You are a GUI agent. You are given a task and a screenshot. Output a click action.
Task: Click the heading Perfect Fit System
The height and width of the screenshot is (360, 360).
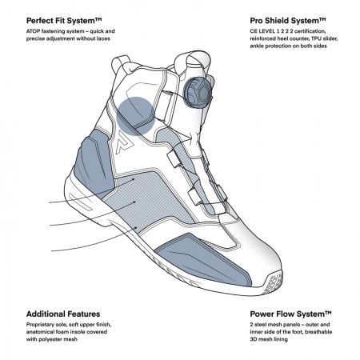pos(64,21)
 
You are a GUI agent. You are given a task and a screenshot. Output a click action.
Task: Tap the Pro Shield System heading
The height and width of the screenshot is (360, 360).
pos(288,21)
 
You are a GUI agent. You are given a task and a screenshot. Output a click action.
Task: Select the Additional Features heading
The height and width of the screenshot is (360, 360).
pos(63,314)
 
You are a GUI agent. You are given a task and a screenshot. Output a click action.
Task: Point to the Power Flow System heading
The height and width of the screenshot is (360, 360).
pos(290,314)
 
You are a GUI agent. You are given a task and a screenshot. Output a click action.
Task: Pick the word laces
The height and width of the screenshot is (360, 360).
pos(103,38)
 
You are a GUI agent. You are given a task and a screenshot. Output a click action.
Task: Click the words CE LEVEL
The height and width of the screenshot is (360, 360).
pos(262,31)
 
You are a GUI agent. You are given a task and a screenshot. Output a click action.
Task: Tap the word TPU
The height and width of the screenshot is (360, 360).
pos(316,38)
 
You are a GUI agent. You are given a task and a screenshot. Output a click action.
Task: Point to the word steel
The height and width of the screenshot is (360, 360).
pos(260,325)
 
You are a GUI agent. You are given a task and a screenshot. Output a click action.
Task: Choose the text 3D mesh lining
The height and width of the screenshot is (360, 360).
pos(269,339)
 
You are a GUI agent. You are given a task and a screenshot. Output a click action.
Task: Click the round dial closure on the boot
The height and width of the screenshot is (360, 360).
pos(198,93)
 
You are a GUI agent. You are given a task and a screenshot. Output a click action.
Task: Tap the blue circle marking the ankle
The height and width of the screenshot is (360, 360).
pos(135,116)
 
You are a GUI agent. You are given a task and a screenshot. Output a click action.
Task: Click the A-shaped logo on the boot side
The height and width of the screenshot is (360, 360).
pos(125,143)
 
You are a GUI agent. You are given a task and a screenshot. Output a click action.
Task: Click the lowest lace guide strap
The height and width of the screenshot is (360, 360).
pos(194,197)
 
